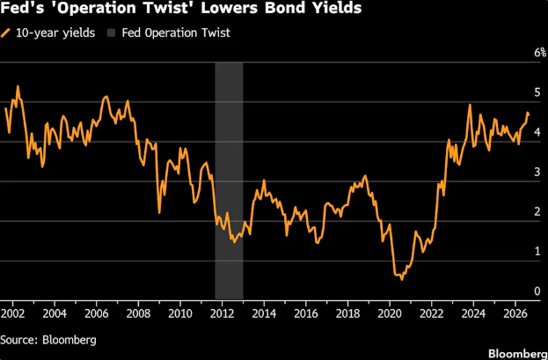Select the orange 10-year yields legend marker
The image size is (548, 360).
pyautogui.click(x=5, y=33)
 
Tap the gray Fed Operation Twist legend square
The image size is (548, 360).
pyautogui.click(x=111, y=33)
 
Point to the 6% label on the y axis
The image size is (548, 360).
pyautogui.click(x=540, y=53)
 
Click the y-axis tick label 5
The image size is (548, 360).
pyautogui.click(x=537, y=92)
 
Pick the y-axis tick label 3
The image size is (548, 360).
pyautogui.click(x=537, y=173)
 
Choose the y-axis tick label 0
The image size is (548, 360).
pyautogui.click(x=537, y=291)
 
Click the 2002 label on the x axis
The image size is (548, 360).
pyautogui.click(x=13, y=313)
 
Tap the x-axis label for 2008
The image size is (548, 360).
pyautogui.click(x=138, y=313)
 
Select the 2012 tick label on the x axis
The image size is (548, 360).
pyautogui.click(x=222, y=313)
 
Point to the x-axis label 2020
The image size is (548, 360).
pyautogui.click(x=390, y=313)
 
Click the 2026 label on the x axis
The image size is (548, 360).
pyautogui.click(x=515, y=313)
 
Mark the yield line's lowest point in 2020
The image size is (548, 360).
pyautogui.click(x=402, y=280)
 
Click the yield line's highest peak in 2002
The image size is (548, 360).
pyautogui.click(x=18, y=86)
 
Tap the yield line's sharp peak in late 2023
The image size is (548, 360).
pyautogui.click(x=470, y=105)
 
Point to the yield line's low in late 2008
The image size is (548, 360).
pyautogui.click(x=159, y=213)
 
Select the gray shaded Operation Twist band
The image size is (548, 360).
pyautogui.click(x=229, y=180)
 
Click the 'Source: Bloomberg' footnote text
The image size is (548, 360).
pyautogui.click(x=48, y=340)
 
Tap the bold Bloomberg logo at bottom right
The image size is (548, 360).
pyautogui.click(x=517, y=353)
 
